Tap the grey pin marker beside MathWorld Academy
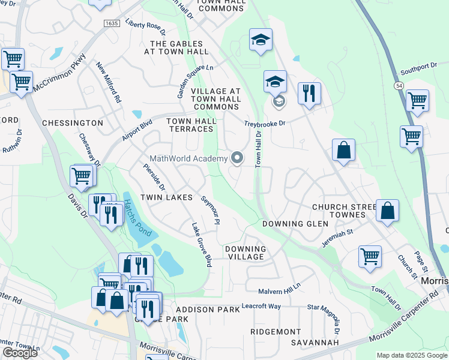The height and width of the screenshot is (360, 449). (237, 158)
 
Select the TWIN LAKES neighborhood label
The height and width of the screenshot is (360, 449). (166, 197)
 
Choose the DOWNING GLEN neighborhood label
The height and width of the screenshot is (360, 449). (295, 224)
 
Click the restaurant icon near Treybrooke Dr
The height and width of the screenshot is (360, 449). (309, 94)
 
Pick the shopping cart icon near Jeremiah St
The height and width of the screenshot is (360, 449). (370, 256)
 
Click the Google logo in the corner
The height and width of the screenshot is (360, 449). (20, 353)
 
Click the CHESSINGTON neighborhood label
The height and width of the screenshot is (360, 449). (73, 123)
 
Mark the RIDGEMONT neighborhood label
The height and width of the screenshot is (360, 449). (276, 332)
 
